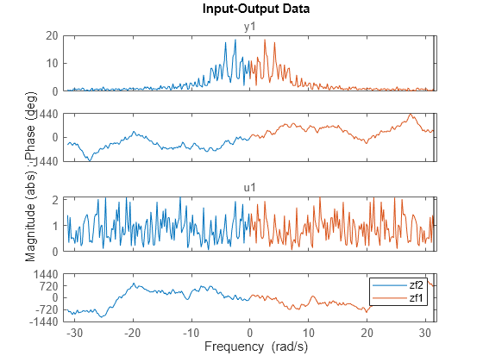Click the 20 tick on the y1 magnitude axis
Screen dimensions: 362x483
coord(53,35)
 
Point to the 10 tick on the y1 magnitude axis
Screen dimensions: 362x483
coord(53,63)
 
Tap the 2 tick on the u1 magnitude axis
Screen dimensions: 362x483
coord(55,199)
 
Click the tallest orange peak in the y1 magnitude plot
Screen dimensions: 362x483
coord(265,40)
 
